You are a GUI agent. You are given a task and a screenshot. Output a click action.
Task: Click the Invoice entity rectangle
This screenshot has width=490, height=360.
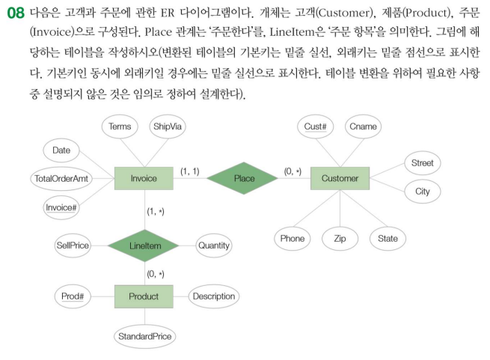[x=144, y=178]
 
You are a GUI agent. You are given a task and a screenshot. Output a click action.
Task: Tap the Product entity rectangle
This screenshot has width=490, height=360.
[x=144, y=296]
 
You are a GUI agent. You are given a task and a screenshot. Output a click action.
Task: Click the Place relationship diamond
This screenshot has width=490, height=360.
[x=244, y=178]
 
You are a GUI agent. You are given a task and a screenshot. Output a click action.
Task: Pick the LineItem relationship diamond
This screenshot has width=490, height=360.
[x=144, y=245]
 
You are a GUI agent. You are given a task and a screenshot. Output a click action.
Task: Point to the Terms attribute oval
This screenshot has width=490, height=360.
[x=120, y=127]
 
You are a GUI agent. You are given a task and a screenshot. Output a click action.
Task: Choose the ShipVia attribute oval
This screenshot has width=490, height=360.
[x=168, y=127]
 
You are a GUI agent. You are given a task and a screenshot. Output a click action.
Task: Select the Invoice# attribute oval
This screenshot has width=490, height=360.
[x=62, y=207]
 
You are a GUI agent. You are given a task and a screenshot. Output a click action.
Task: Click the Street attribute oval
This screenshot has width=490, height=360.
[x=423, y=163]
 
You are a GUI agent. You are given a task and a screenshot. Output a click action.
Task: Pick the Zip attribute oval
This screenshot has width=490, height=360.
[x=340, y=239]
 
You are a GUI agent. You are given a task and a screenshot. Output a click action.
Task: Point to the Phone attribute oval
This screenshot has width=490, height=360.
[x=293, y=239]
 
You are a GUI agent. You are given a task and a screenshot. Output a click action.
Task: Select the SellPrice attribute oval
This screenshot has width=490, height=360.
[x=74, y=245]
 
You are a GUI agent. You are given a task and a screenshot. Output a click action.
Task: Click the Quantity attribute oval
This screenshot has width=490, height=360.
[x=213, y=245]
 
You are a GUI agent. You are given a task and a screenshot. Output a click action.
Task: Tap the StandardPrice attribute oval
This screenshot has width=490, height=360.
[x=144, y=337]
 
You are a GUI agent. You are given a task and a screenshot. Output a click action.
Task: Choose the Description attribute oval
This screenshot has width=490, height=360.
[x=213, y=296]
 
